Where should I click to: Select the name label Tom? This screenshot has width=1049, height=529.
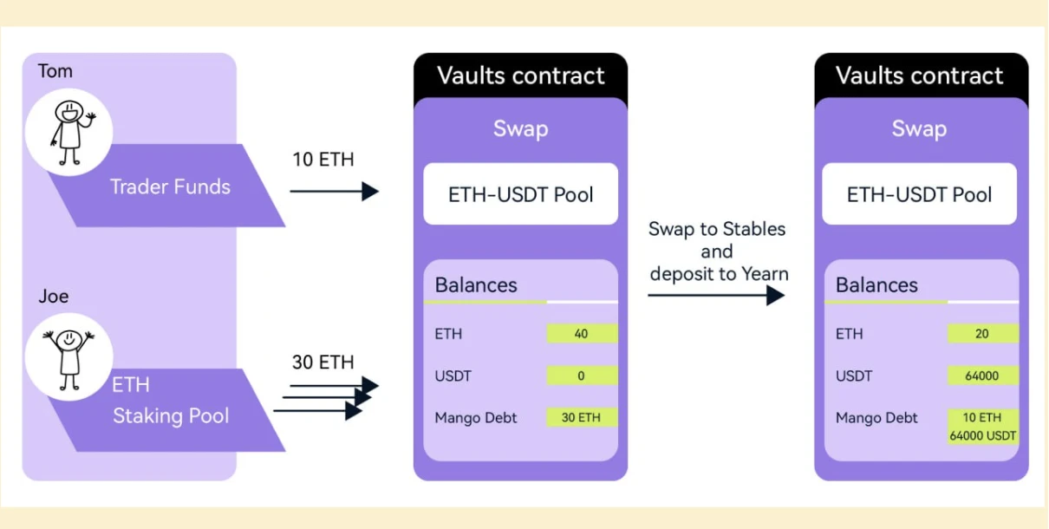(x=55, y=71)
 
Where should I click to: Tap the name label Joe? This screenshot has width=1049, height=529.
(x=54, y=297)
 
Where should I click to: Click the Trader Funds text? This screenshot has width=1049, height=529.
(x=170, y=186)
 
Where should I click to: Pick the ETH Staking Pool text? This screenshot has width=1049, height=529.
(x=170, y=401)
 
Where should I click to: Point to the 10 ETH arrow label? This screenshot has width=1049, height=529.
(x=323, y=160)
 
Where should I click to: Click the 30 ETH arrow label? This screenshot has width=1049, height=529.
(x=323, y=362)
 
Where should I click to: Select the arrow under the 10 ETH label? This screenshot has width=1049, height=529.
(x=334, y=191)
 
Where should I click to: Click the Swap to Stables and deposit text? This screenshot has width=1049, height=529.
(x=716, y=251)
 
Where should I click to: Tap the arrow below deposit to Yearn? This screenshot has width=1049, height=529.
(x=716, y=295)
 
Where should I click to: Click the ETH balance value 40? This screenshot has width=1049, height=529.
(x=582, y=334)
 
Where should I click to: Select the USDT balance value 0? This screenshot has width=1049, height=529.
(x=582, y=376)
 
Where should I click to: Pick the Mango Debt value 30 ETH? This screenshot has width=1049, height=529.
(x=582, y=417)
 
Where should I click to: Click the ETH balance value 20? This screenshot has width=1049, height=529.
(x=982, y=334)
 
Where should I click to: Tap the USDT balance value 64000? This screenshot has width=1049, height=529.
(x=982, y=376)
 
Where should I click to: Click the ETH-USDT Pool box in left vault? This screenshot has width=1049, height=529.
(x=520, y=194)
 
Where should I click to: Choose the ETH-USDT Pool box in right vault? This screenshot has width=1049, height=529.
(x=920, y=194)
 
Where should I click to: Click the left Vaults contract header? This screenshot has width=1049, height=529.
(x=520, y=75)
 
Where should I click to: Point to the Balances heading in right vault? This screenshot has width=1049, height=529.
(x=876, y=285)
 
